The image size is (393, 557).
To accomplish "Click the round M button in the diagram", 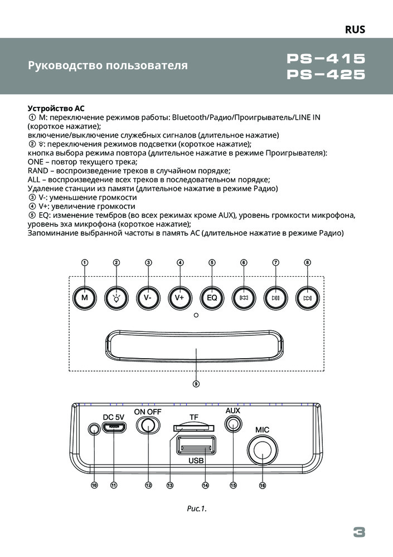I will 85,297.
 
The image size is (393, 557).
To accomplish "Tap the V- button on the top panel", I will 148,297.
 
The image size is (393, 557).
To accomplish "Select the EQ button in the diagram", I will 212,297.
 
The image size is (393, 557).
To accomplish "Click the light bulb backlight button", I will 117,297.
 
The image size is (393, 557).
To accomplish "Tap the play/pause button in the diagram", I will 276,297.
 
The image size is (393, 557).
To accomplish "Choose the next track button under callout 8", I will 308,297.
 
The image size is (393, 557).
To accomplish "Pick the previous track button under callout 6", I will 244,297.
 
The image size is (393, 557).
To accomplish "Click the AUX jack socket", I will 232,424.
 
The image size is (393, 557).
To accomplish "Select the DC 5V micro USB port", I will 114,427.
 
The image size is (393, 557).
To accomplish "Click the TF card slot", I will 193,427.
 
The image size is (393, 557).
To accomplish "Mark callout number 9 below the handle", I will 196,383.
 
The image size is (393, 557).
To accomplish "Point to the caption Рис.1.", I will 196,508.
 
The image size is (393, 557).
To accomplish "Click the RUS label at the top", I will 355,30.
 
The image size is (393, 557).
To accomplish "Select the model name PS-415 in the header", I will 327,58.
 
